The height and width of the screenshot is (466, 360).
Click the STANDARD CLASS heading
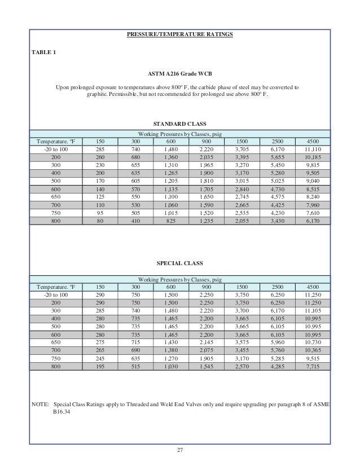point(179,123)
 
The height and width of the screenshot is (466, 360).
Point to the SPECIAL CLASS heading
point(179,263)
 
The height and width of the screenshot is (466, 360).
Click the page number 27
point(179,450)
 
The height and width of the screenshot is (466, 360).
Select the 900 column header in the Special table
point(207,287)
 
